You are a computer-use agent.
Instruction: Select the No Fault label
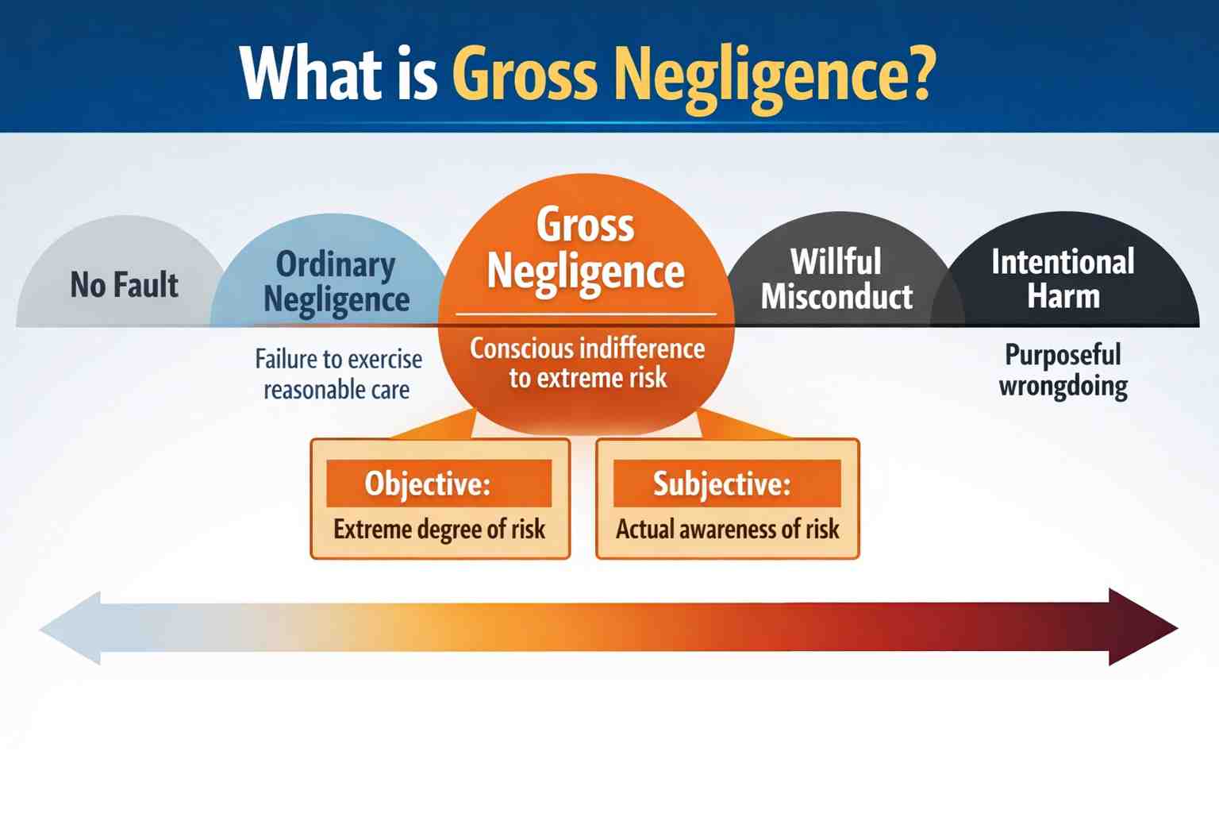pos(125,284)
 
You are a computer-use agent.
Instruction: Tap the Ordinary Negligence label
pos(336,282)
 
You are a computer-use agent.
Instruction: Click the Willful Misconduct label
pos(836,279)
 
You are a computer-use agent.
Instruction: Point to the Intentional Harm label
pos(1063,279)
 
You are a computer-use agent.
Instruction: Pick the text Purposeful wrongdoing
pos(1063,370)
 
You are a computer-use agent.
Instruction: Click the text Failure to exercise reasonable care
pos(338,374)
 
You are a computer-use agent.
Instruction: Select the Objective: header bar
pos(439,483)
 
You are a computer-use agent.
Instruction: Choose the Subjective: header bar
pos(727,483)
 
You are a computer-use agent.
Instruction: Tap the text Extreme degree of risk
pos(439,529)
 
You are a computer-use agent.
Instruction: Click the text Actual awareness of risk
pos(727,529)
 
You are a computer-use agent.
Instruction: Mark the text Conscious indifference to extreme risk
pos(587,363)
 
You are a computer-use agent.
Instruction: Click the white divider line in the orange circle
pos(586,314)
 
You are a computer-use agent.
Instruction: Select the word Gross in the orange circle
pos(586,224)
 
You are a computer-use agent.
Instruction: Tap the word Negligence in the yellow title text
pos(763,75)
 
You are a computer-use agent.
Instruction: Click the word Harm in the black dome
pos(1063,297)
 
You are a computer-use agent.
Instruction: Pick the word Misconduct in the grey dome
pos(836,297)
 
